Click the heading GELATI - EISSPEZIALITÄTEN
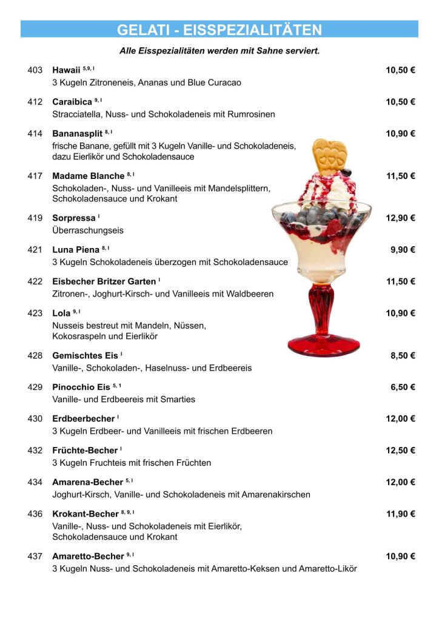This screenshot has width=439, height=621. click(x=219, y=30)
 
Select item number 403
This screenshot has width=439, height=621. click(x=35, y=70)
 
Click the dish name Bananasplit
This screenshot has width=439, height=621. click(x=77, y=133)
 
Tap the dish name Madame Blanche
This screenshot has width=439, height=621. click(x=88, y=176)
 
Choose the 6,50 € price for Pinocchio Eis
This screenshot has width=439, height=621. click(x=403, y=387)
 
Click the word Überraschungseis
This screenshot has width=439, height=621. click(x=88, y=230)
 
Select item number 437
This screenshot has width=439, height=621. click(x=35, y=556)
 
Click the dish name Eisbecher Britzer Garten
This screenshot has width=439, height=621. click(x=104, y=281)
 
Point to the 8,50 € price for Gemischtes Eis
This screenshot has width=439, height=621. click(x=403, y=355)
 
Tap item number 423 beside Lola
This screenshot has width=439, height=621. click(x=35, y=314)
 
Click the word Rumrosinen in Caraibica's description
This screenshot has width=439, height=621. click(x=251, y=114)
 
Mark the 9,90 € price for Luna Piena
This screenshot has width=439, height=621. click(x=403, y=249)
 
